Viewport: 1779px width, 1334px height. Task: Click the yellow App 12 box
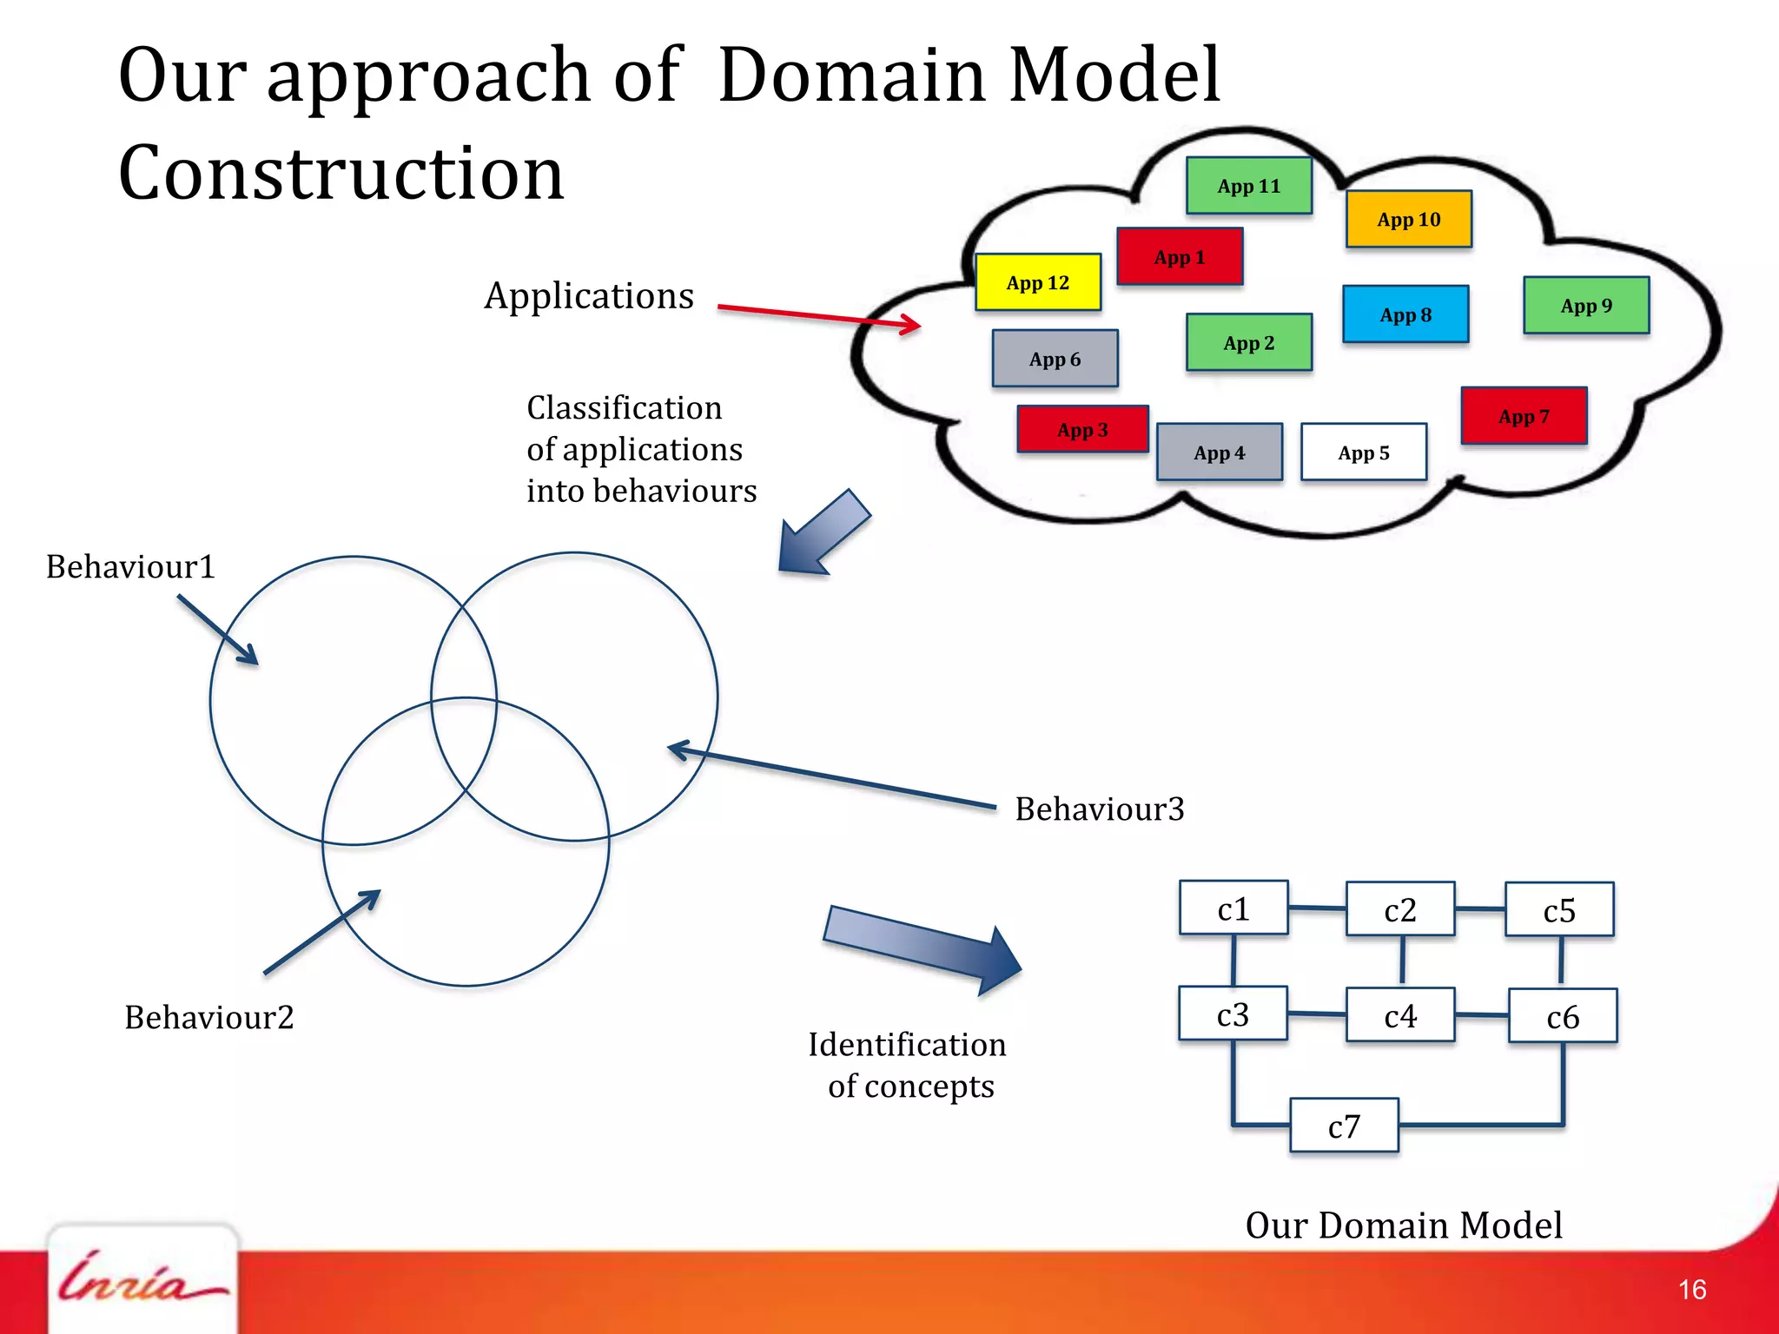pyautogui.click(x=1038, y=282)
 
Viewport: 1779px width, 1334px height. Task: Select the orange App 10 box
pyautogui.click(x=1408, y=220)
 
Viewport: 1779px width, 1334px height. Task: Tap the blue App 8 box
pyautogui.click(x=1405, y=314)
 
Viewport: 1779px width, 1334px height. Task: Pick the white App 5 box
pyautogui.click(x=1363, y=452)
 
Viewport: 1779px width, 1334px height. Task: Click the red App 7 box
pyautogui.click(x=1524, y=417)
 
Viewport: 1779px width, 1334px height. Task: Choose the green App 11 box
pyautogui.click(x=1248, y=186)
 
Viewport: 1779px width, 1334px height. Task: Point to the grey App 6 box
pyautogui.click(x=1055, y=359)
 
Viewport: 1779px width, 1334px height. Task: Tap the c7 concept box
pyautogui.click(x=1344, y=1126)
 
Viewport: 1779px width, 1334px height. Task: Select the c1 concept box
pyautogui.click(x=1233, y=908)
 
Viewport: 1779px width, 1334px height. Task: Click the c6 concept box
pyautogui.click(x=1562, y=1016)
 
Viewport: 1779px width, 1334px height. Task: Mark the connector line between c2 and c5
pyautogui.click(x=1479, y=909)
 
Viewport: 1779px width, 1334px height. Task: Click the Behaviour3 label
pyautogui.click(x=1099, y=809)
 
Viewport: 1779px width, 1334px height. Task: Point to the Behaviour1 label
pyautogui.click(x=130, y=566)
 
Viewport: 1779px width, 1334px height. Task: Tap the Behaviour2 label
pyautogui.click(x=209, y=1017)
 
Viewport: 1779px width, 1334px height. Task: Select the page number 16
pyautogui.click(x=1691, y=1290)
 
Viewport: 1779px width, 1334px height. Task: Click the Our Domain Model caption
pyautogui.click(x=1403, y=1225)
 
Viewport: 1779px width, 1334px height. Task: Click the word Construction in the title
pyautogui.click(x=341, y=173)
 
